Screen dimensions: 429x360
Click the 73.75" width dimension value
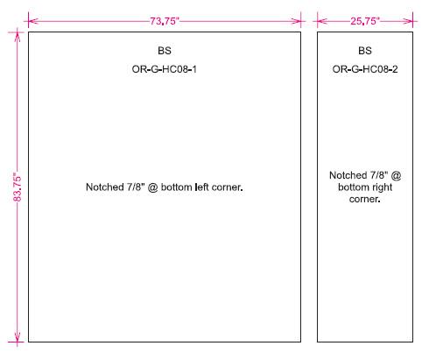[165, 21]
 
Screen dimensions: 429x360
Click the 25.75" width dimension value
[365, 21]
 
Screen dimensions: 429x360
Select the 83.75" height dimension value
[18, 188]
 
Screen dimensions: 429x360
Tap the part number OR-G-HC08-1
[165, 69]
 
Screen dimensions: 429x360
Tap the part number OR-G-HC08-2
[365, 69]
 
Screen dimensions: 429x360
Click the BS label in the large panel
[165, 51]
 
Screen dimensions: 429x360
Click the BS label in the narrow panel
[365, 51]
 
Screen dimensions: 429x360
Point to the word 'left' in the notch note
[201, 187]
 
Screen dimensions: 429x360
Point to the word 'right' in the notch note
[380, 187]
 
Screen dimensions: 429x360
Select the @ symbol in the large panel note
[152, 187]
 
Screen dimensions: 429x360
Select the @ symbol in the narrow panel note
[396, 175]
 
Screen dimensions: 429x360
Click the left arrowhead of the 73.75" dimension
[33, 21]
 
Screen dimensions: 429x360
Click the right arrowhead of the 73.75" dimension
[296, 21]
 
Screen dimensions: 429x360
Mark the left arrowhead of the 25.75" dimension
[322, 21]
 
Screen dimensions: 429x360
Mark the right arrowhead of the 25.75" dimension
[408, 21]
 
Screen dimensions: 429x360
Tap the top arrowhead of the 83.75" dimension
[18, 37]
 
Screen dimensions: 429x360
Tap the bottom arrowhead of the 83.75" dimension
[18, 336]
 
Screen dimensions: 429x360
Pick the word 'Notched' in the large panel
[105, 187]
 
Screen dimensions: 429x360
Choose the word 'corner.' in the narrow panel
[365, 199]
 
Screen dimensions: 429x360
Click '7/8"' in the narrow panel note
[379, 175]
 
